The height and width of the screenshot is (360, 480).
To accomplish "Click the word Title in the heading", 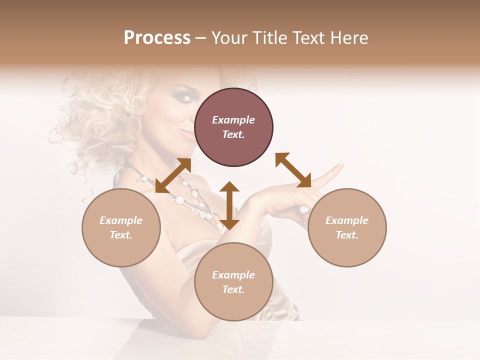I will pyautogui.click(x=269, y=38).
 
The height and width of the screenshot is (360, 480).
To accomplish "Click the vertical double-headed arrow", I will pyautogui.click(x=229, y=205).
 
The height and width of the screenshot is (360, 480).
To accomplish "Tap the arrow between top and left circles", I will pyautogui.click(x=173, y=175).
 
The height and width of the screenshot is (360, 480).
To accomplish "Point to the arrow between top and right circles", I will pyautogui.click(x=293, y=170).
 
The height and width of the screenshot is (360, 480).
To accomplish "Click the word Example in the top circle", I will pyautogui.click(x=233, y=120).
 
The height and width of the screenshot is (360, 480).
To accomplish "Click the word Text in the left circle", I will pyautogui.click(x=121, y=235).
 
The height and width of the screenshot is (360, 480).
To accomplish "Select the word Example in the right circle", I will pyautogui.click(x=347, y=220).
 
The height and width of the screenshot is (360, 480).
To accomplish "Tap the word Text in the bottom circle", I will pyautogui.click(x=233, y=289).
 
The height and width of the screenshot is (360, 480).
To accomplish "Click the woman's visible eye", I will pyautogui.click(x=184, y=97).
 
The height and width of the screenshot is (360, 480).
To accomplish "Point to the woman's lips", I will pyautogui.click(x=186, y=133).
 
